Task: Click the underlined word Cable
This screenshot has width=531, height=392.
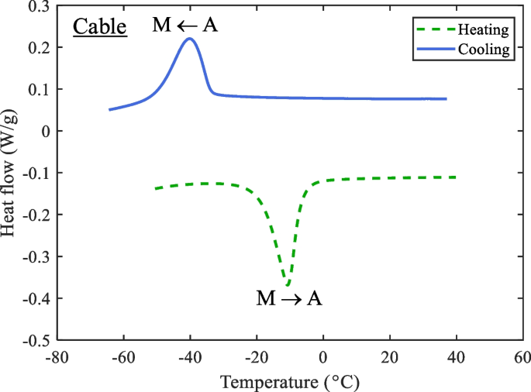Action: click(x=100, y=27)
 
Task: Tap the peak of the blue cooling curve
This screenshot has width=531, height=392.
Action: click(x=189, y=39)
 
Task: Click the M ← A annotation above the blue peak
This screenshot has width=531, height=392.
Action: click(x=185, y=26)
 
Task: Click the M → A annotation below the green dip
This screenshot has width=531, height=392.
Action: click(x=289, y=298)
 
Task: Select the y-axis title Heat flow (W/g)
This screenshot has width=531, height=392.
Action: click(x=11, y=172)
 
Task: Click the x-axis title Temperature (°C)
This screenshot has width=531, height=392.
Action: click(x=290, y=382)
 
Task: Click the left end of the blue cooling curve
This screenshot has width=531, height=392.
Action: click(x=109, y=109)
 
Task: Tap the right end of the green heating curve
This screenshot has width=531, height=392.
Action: click(x=456, y=177)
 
